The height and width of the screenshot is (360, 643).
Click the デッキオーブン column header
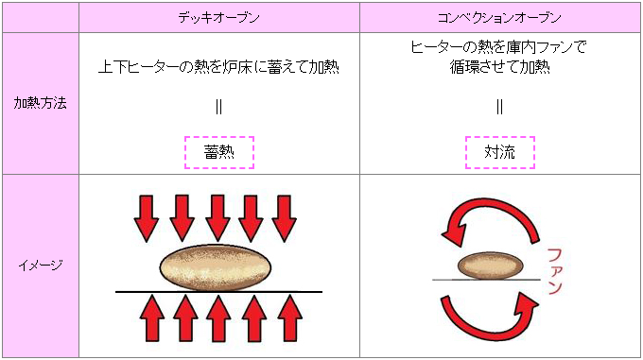click(218, 18)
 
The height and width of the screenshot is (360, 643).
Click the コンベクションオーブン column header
click(499, 18)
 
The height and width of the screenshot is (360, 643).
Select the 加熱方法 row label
click(40, 103)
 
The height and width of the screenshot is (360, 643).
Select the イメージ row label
click(40, 266)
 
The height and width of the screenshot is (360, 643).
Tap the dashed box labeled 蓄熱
click(218, 151)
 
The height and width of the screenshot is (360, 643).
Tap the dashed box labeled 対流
click(499, 151)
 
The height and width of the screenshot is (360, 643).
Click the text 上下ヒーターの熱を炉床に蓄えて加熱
click(218, 67)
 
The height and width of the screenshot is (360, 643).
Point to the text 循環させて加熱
click(499, 68)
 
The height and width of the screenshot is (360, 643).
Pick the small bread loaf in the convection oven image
click(491, 265)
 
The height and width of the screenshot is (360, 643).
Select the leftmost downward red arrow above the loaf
click(146, 218)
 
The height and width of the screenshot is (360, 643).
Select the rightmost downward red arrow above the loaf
click(285, 218)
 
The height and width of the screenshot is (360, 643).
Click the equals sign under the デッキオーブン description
click(218, 106)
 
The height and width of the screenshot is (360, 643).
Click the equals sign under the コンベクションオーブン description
click(499, 106)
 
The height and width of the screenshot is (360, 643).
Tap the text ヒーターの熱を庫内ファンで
click(499, 46)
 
